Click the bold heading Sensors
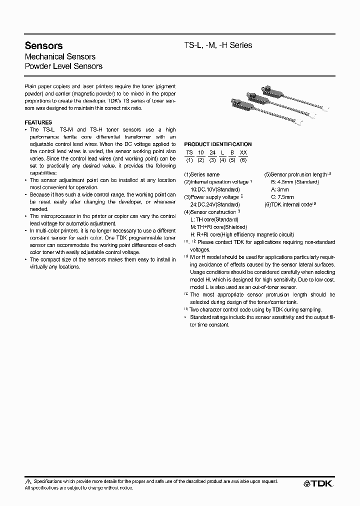[43, 46]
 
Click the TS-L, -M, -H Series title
[218, 45]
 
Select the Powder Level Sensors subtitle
[63, 66]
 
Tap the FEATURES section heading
[38, 122]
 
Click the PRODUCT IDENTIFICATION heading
[218, 144]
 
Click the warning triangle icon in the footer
[28, 481]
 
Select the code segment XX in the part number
[243, 152]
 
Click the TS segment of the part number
[189, 152]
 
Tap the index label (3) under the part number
[212, 160]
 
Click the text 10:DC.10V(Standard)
[215, 189]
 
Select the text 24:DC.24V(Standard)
[215, 204]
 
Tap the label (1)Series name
[202, 174]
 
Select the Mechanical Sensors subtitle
[60, 56]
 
